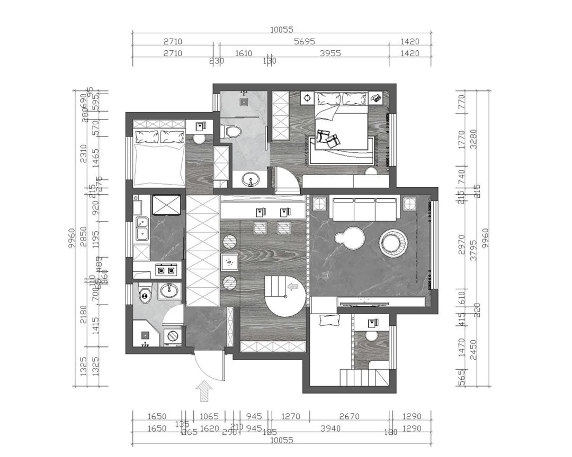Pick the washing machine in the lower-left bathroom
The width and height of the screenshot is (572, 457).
[173, 335]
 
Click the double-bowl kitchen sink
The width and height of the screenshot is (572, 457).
[141, 228]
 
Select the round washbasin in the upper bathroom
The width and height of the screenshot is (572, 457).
[252, 180]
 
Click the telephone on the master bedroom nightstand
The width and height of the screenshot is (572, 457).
[376, 97]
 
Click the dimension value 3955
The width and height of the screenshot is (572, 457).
[330, 53]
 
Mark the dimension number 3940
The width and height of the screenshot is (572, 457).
[330, 428]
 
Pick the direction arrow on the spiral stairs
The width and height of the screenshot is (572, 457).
[292, 286]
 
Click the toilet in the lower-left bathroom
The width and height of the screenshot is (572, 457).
[144, 294]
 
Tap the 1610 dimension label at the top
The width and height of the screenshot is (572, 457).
[244, 53]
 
